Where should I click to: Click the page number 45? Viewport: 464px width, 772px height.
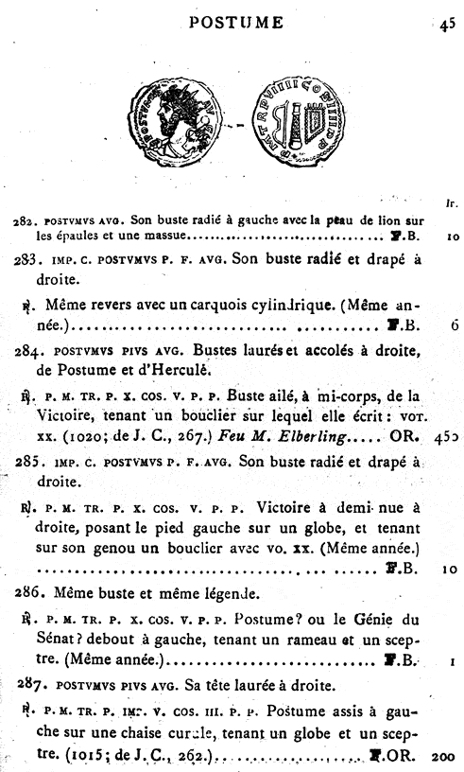pos(447,26)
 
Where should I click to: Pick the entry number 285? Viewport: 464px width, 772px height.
pos(30,463)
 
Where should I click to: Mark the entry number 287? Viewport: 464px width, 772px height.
pos(30,684)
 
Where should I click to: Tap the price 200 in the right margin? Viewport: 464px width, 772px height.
pos(444,756)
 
